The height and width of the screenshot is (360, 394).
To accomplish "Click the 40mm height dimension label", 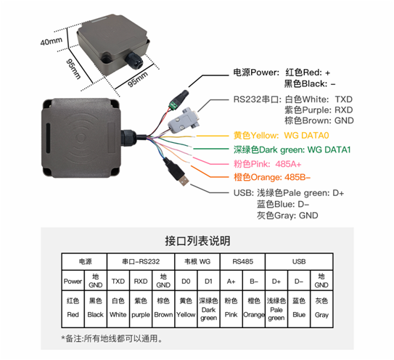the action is [52, 41].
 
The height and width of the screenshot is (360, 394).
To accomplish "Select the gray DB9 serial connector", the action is [183, 120].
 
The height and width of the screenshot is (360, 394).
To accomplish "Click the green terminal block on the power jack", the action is [174, 105].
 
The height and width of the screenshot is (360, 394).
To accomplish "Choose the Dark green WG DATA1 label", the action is [292, 150].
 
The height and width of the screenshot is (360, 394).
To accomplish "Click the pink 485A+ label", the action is [267, 164].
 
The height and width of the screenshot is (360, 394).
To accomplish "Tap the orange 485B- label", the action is [272, 177].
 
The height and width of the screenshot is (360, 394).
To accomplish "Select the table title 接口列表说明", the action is [197, 240].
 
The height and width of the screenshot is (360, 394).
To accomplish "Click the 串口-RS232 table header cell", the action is [141, 262].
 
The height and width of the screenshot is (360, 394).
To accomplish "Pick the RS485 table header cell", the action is [242, 262].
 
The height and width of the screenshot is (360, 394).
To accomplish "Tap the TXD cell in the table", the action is [118, 281].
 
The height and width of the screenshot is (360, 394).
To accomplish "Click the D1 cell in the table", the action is [208, 281].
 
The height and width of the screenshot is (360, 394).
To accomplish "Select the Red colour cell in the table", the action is [73, 308].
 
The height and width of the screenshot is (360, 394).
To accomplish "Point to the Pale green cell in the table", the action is [276, 309].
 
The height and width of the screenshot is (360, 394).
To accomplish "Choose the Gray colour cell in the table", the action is [321, 308].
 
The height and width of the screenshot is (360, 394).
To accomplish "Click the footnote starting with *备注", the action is [112, 338].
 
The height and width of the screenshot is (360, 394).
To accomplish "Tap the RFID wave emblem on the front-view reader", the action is [81, 137].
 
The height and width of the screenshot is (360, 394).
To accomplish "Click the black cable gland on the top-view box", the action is [134, 60].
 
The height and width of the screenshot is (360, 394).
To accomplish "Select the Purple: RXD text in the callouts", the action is [319, 110].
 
